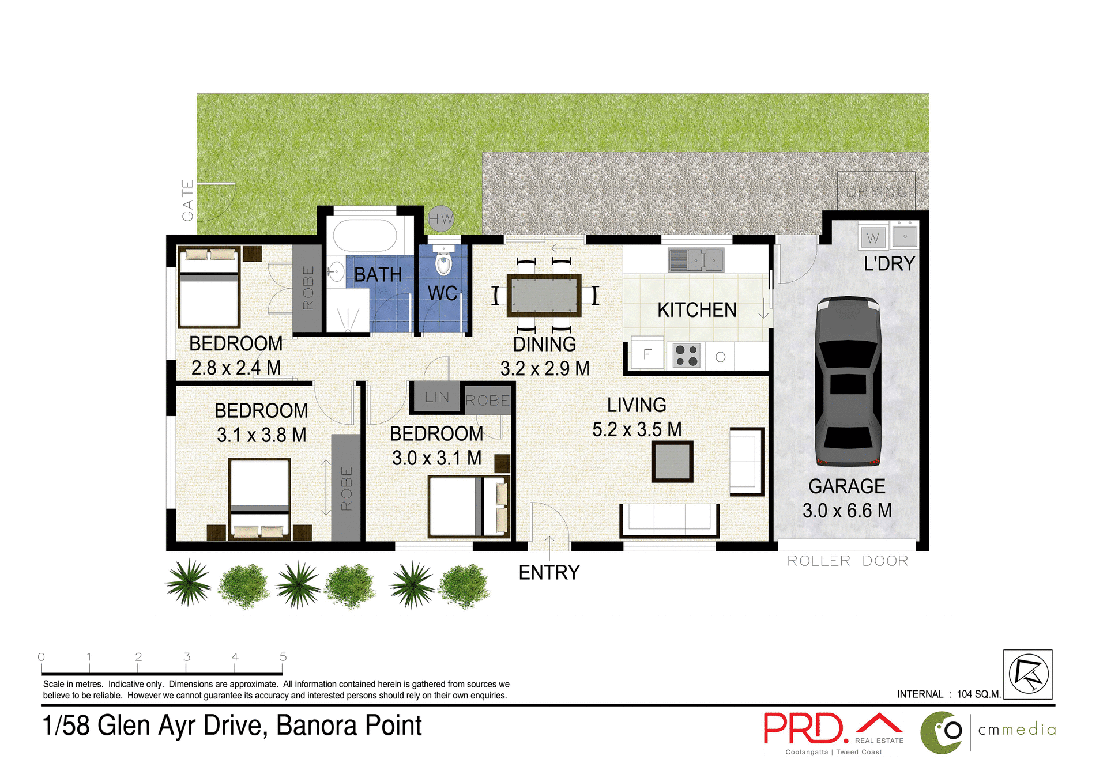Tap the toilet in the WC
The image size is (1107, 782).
[x=443, y=264]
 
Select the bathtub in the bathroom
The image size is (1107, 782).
[x=365, y=236]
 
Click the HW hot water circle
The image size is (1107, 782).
[x=441, y=219]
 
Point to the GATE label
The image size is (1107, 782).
[x=188, y=201]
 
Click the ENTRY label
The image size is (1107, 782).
[x=549, y=573]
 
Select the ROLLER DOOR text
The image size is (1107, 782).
[x=847, y=561]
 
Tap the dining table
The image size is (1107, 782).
[x=544, y=296]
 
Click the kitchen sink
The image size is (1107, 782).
[x=696, y=260]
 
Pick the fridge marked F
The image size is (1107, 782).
[x=647, y=354]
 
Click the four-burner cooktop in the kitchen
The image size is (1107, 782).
[x=686, y=355]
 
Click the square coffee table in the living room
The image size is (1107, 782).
[x=672, y=461]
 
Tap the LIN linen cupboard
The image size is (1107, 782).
[x=436, y=397]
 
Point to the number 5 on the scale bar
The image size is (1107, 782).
[x=283, y=657]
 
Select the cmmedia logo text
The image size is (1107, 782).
[x=1016, y=730]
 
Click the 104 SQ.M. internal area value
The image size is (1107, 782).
[x=978, y=694]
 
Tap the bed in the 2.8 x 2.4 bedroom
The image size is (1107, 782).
[x=209, y=288]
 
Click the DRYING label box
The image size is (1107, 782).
[x=876, y=191]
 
